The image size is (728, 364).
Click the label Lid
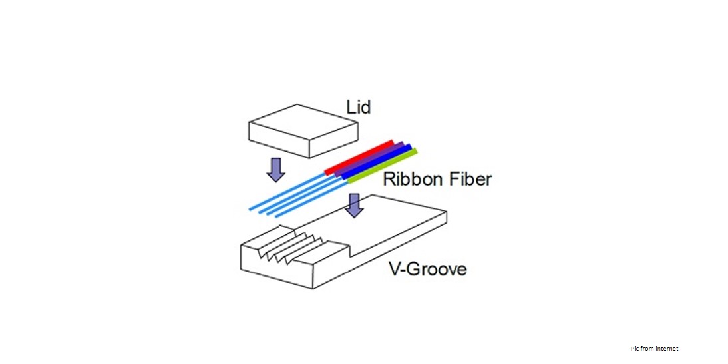(358, 106)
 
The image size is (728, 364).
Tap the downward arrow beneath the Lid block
(275, 170)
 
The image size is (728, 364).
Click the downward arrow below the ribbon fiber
(354, 205)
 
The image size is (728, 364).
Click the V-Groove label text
(427, 269)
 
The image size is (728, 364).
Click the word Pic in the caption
(635, 349)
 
